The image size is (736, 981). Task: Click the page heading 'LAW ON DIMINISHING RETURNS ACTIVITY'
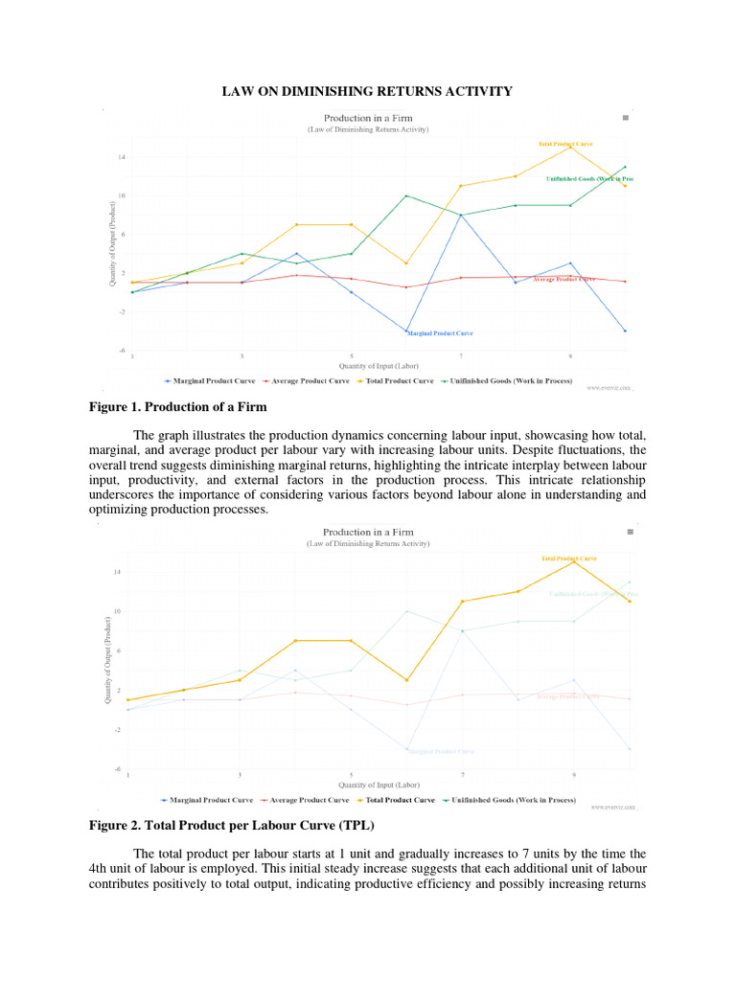pyautogui.click(x=367, y=91)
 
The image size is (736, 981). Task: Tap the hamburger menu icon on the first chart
pyautogui.click(x=626, y=117)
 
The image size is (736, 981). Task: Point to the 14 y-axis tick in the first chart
pyautogui.click(x=122, y=156)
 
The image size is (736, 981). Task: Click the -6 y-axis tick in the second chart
pyautogui.click(x=117, y=768)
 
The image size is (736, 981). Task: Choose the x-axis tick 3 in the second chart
pyautogui.click(x=241, y=774)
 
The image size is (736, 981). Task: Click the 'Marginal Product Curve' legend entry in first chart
pyautogui.click(x=209, y=381)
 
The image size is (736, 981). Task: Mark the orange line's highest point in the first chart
pyautogui.click(x=570, y=147)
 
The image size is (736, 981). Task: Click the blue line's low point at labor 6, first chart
pyautogui.click(x=406, y=331)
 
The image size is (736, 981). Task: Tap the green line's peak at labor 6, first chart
pyautogui.click(x=406, y=195)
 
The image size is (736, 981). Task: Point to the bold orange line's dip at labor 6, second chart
pyautogui.click(x=406, y=680)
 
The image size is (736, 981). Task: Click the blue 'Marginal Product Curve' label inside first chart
pyautogui.click(x=440, y=333)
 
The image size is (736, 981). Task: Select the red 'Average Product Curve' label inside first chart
pyautogui.click(x=563, y=279)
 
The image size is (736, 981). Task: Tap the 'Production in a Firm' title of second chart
pyautogui.click(x=368, y=532)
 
